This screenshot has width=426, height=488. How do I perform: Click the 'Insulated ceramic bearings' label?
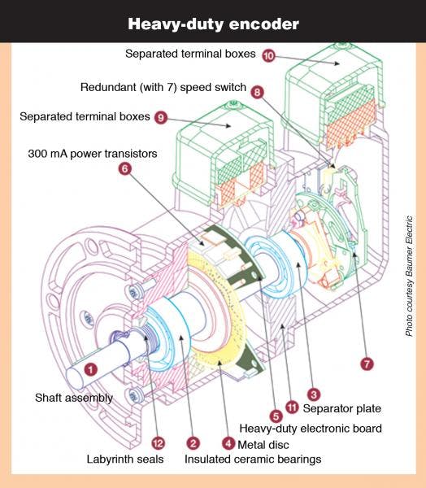click(253, 460)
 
